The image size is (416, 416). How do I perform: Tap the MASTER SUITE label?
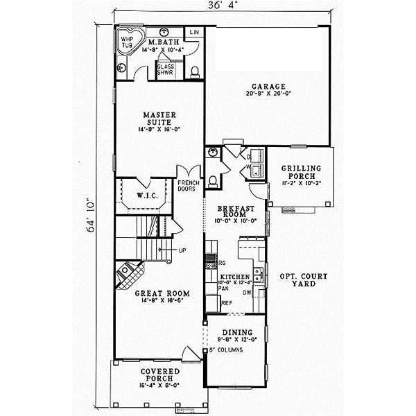(159, 119)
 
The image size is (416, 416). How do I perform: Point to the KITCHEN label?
(232, 276)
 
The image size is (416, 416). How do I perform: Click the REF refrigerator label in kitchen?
(226, 303)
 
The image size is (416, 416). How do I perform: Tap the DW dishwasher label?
(246, 293)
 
